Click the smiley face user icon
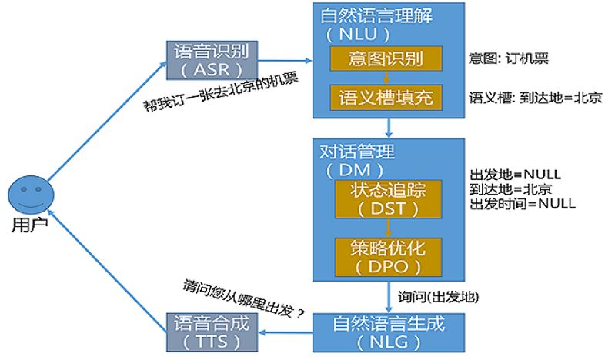point(28,196)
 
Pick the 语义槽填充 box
point(387,98)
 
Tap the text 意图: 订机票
point(509,58)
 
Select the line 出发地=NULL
point(510,175)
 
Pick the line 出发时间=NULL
point(522,203)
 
